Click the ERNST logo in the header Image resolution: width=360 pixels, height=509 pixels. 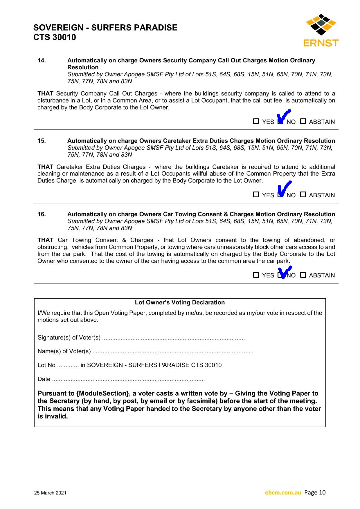[321, 30]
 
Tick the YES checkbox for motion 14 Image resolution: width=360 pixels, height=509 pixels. [256, 121]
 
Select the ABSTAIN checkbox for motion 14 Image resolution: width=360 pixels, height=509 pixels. [303, 121]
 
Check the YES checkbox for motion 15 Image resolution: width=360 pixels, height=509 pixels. [256, 194]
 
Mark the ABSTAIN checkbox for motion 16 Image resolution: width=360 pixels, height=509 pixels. [303, 275]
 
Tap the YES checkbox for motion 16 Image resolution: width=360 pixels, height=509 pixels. [256, 275]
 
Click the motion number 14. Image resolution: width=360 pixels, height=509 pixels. [42, 60]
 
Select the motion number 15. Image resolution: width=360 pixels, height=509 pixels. [42, 141]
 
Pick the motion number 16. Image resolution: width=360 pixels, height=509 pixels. [42, 214]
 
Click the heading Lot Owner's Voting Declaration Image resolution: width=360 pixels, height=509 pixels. [180, 302]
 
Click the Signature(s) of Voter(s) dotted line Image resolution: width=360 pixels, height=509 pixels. [174, 338]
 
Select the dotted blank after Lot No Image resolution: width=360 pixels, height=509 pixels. [68, 365]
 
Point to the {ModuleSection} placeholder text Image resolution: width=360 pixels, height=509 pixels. [103, 394]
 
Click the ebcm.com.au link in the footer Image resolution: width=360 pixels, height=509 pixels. [283, 492]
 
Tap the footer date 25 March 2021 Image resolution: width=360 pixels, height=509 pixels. [50, 493]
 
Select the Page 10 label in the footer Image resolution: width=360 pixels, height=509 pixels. [315, 492]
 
